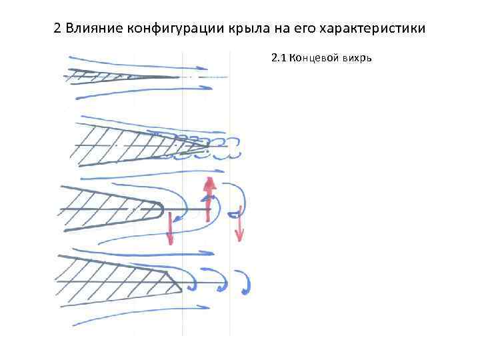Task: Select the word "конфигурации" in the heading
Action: pyautogui.click(x=167, y=30)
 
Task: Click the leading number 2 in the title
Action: pyautogui.click(x=57, y=30)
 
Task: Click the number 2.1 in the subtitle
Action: pyautogui.click(x=279, y=58)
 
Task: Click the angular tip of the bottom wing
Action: pyautogui.click(x=180, y=289)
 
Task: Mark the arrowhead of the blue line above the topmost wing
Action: pyautogui.click(x=203, y=67)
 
